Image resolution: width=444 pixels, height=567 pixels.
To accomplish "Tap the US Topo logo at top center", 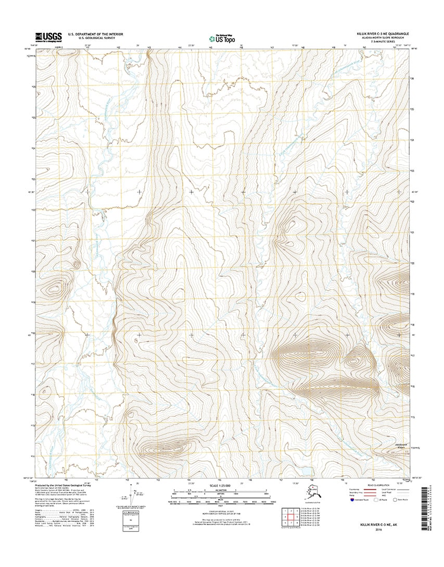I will (x=222, y=39).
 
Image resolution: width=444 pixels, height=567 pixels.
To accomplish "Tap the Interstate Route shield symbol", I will (x=346, y=499).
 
